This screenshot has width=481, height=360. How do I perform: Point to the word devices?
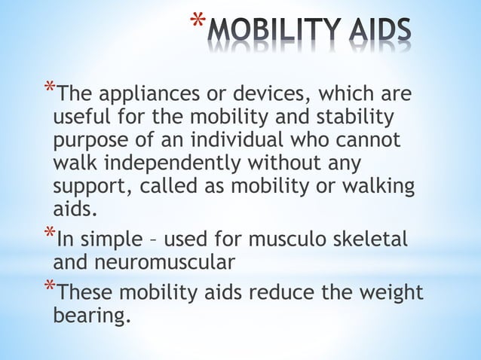click(x=270, y=96)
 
